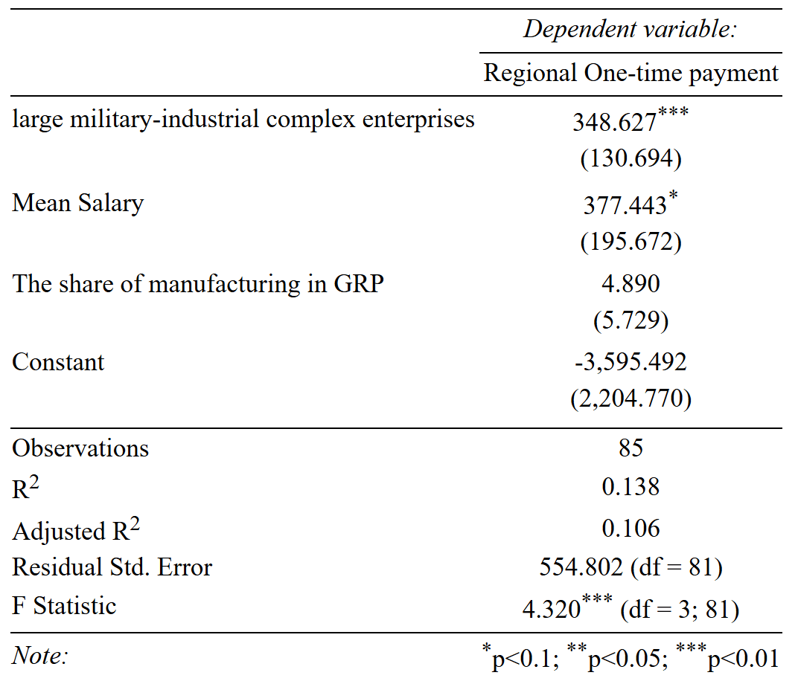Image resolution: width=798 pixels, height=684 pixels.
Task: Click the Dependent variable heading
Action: click(630, 30)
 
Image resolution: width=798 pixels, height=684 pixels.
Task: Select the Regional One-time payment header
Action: click(631, 74)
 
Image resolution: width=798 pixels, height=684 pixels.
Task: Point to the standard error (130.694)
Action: click(631, 158)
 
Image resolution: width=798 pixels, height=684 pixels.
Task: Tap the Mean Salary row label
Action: click(78, 203)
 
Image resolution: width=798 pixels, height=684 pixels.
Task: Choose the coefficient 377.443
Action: click(625, 206)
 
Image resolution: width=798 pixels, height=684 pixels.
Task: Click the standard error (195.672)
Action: click(631, 242)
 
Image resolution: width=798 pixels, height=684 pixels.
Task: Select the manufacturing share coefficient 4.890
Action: click(631, 284)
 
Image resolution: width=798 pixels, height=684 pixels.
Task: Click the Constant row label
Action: click(58, 362)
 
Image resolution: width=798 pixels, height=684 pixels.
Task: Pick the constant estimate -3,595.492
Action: click(631, 362)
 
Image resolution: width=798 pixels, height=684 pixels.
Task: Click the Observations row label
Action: click(80, 448)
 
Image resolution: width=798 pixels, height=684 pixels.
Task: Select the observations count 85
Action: click(631, 448)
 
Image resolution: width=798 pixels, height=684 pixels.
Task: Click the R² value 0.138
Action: click(631, 487)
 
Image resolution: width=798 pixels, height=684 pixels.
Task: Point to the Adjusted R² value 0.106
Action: click(631, 529)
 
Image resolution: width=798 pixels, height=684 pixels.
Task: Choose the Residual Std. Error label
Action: click(112, 567)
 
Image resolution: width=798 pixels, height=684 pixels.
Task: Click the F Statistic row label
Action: click(64, 606)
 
